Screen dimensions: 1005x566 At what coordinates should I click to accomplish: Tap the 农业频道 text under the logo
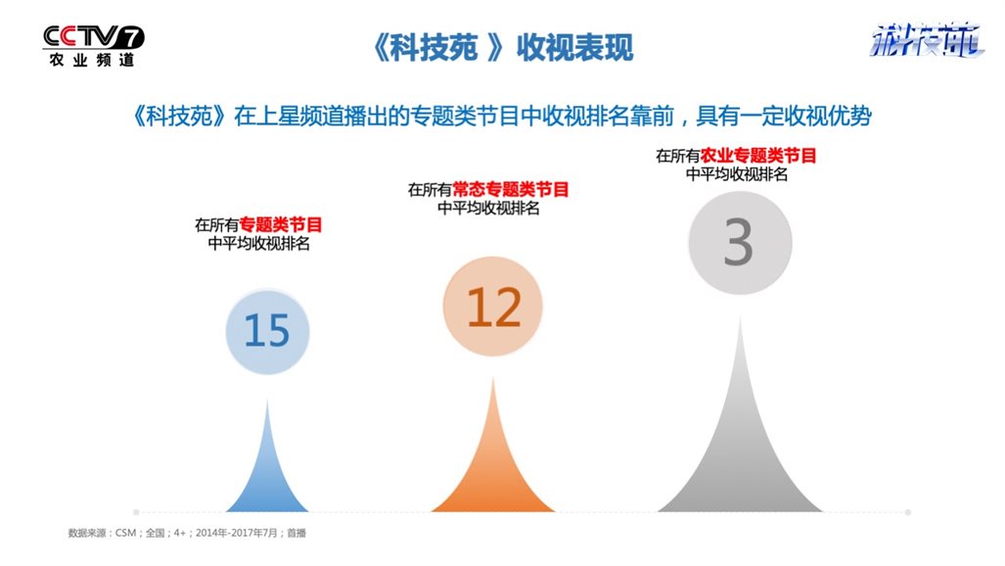click(x=92, y=61)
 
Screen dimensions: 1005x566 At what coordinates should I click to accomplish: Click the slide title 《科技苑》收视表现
click(x=503, y=47)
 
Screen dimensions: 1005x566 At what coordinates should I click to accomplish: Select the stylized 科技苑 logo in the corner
click(x=926, y=40)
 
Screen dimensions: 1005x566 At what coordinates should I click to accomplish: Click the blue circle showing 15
click(x=267, y=332)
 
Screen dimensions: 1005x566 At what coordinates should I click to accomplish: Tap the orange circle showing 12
click(x=493, y=307)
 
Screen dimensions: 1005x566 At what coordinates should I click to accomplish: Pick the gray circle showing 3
click(x=740, y=243)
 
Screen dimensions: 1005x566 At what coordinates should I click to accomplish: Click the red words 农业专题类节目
click(x=758, y=156)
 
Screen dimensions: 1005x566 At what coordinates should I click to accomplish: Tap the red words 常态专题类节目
click(x=511, y=189)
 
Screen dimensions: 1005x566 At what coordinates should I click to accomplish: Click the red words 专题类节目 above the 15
click(x=281, y=224)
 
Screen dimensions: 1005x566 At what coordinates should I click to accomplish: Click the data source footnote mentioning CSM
click(x=187, y=533)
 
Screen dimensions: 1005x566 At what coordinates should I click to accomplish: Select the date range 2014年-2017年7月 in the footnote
click(x=237, y=533)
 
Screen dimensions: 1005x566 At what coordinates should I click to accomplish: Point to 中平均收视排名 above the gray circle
click(x=737, y=174)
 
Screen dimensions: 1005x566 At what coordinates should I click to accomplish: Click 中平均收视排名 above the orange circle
click(x=488, y=209)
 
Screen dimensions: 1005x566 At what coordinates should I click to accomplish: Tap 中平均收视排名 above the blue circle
click(x=259, y=244)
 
